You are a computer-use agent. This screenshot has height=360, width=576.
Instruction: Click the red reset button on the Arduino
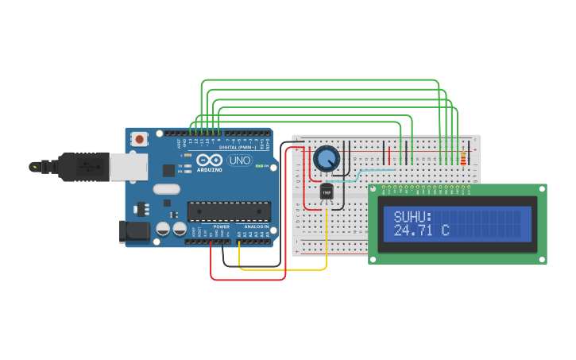140,139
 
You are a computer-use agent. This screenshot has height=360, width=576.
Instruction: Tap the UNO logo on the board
238,161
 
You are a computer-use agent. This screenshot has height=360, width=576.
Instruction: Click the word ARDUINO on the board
210,169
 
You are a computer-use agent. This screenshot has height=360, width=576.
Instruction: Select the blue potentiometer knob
326,158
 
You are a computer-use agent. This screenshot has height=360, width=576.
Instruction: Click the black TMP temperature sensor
327,192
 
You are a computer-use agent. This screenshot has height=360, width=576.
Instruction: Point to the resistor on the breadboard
463,161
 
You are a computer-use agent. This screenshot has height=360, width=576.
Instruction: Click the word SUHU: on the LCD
412,217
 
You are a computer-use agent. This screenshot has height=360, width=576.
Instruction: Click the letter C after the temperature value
446,231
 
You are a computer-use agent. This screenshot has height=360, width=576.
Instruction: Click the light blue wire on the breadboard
373,171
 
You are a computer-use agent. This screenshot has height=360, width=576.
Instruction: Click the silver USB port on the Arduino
127,166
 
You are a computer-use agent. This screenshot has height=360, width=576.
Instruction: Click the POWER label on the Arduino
222,226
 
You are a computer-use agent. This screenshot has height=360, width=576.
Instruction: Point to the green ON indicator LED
258,165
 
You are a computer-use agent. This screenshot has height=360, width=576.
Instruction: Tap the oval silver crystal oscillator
167,189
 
